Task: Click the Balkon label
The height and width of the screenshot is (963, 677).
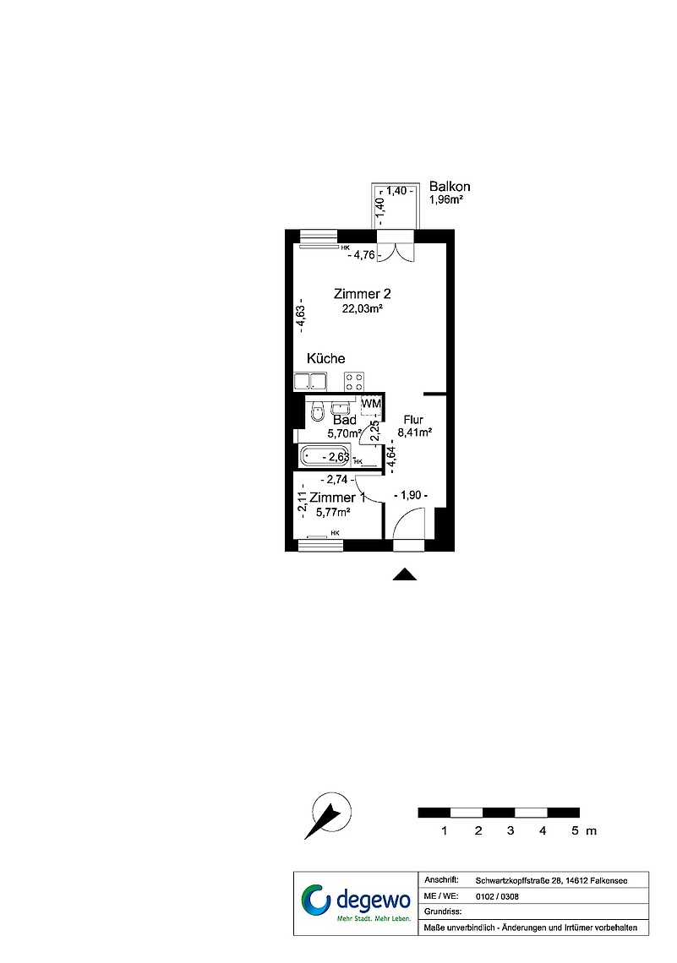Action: pyautogui.click(x=450, y=187)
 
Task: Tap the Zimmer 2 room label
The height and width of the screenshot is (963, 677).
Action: pyautogui.click(x=363, y=294)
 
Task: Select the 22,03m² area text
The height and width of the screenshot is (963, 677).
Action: pyautogui.click(x=363, y=309)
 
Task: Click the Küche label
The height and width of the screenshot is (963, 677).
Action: pyautogui.click(x=325, y=359)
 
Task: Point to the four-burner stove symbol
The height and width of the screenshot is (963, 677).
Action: pyautogui.click(x=354, y=381)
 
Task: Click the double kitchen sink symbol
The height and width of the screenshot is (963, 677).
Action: pyautogui.click(x=310, y=381)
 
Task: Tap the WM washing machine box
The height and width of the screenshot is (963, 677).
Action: pyautogui.click(x=371, y=404)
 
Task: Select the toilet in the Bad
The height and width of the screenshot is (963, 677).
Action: pyautogui.click(x=317, y=411)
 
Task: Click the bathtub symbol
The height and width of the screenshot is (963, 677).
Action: pyautogui.click(x=325, y=456)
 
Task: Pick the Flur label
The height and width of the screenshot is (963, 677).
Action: pyautogui.click(x=413, y=420)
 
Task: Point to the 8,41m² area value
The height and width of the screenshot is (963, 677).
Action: pyautogui.click(x=415, y=433)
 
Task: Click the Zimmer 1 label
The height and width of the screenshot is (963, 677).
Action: pyautogui.click(x=337, y=498)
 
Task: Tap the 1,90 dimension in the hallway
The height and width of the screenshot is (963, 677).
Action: pyautogui.click(x=411, y=495)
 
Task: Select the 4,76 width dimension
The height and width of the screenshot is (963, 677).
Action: pyautogui.click(x=364, y=254)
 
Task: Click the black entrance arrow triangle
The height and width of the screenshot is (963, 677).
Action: pyautogui.click(x=405, y=574)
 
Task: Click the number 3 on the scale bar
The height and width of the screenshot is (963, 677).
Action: pyautogui.click(x=510, y=831)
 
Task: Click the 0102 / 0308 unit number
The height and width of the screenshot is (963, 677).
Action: pyautogui.click(x=497, y=896)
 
